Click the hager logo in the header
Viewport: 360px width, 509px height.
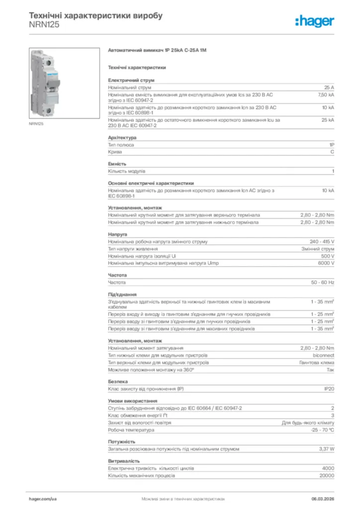(x=314, y=20)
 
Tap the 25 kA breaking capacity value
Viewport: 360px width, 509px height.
(x=328, y=120)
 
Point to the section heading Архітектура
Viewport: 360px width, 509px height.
(x=122, y=137)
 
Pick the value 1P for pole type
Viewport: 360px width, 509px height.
(x=331, y=145)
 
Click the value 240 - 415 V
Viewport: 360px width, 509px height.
(x=322, y=242)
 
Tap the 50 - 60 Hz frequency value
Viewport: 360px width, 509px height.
(x=322, y=282)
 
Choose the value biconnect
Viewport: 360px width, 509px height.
(x=323, y=355)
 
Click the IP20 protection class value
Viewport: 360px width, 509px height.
(x=329, y=389)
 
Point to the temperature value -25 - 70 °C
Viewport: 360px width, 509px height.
(x=322, y=429)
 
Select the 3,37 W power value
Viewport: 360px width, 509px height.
(x=326, y=449)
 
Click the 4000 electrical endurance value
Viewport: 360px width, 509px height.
(x=328, y=468)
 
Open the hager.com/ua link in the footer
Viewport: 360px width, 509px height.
(x=43, y=498)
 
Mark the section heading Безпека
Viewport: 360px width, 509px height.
(x=117, y=381)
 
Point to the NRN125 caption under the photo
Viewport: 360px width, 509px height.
(x=36, y=124)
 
